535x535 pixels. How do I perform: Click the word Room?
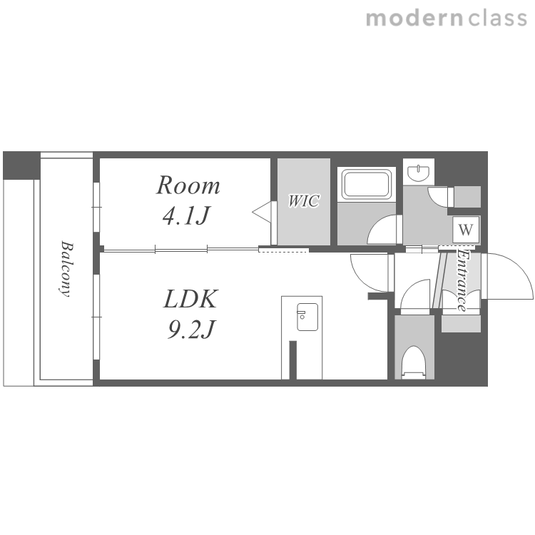(188, 185)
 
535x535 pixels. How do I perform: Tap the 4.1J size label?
(186, 215)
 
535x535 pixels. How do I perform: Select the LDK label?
(190, 299)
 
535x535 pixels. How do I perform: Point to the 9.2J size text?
(190, 330)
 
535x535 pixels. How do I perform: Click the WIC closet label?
(303, 201)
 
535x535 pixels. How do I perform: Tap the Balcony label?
(66, 269)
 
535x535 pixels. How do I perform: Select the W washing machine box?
(466, 229)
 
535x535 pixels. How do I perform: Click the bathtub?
(367, 185)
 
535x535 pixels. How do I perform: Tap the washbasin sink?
(419, 173)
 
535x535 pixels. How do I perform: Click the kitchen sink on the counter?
(307, 317)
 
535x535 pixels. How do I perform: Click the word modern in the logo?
(414, 19)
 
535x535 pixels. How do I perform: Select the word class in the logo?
(497, 19)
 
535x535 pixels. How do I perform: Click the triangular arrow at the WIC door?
(262, 213)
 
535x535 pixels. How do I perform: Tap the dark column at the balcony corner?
(21, 165)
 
